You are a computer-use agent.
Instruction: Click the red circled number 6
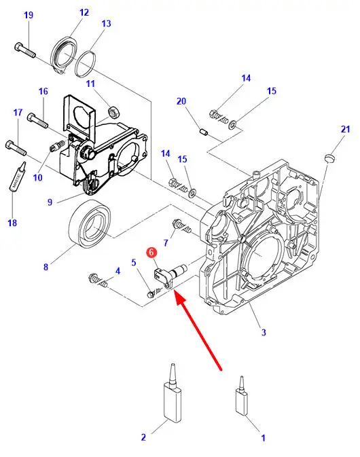tap(151, 253)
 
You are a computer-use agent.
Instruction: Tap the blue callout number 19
tap(29, 15)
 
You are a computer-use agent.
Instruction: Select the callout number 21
tap(346, 129)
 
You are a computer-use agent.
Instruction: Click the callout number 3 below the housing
tap(264, 332)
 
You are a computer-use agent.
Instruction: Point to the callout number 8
tap(46, 267)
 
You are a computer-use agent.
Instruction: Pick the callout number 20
tap(181, 101)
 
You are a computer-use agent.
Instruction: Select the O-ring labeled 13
tap(85, 65)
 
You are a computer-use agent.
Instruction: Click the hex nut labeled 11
tap(113, 111)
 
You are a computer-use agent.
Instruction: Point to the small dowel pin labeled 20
tap(204, 132)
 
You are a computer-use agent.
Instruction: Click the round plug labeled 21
tap(329, 158)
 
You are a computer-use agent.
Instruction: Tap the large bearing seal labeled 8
tap(90, 224)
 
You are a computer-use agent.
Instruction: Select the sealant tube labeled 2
tap(173, 392)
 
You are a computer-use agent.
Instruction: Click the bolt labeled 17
tap(16, 148)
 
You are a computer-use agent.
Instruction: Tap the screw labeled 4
tap(98, 280)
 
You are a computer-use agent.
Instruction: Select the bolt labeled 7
tap(182, 226)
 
